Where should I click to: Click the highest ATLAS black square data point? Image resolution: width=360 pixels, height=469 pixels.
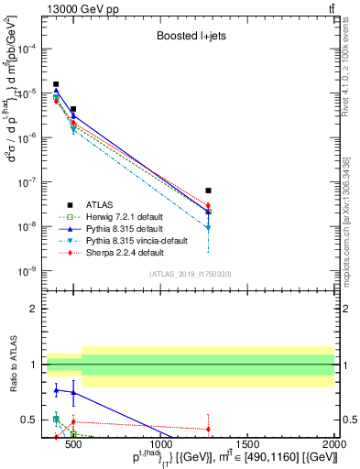coord(56,84)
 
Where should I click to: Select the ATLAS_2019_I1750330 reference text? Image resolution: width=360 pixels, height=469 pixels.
coord(190,274)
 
